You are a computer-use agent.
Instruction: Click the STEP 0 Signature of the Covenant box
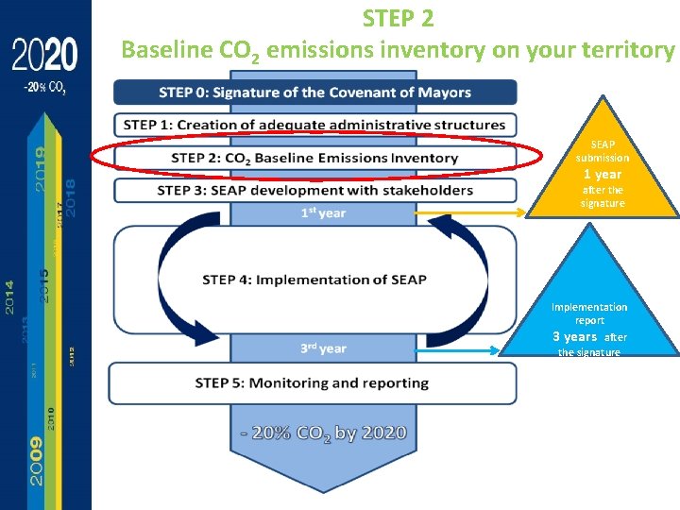click(314, 93)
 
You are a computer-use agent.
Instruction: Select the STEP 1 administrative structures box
click(314, 125)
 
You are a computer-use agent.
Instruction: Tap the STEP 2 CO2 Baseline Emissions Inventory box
click(314, 158)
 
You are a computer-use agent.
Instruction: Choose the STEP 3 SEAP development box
click(314, 190)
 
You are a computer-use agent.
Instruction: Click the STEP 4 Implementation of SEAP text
click(314, 280)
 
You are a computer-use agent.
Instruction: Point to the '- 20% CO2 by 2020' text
click(323, 434)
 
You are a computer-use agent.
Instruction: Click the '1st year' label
click(323, 213)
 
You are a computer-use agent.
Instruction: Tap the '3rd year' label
click(323, 348)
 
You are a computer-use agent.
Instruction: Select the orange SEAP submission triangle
click(603, 170)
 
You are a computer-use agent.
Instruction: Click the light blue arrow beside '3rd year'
click(453, 349)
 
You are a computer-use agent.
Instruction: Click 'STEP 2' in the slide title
click(398, 18)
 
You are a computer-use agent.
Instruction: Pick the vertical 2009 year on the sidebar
click(35, 460)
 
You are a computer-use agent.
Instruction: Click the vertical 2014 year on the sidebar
click(10, 297)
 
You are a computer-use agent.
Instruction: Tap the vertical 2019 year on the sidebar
click(41, 167)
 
